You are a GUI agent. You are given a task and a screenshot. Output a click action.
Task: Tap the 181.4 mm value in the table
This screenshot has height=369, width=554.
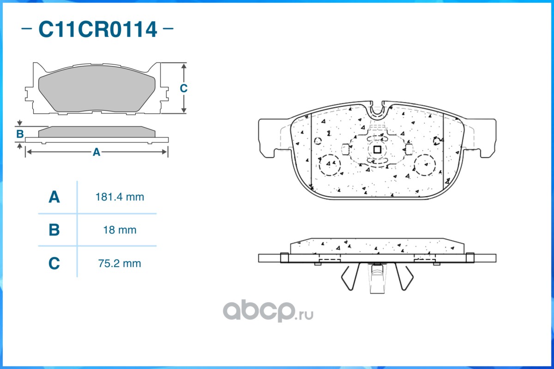120,197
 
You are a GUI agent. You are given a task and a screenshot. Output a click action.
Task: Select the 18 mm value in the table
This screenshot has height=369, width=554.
120,230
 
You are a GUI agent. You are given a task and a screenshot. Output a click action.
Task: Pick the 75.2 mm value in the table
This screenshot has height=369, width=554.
120,264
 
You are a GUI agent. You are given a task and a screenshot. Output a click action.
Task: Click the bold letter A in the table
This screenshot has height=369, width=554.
54,197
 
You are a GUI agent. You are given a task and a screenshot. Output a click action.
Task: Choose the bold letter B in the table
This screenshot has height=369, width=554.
54,230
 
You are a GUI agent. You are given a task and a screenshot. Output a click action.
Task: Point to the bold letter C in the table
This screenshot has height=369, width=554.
54,264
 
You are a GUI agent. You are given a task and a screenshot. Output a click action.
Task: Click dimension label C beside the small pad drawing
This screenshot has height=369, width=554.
183,89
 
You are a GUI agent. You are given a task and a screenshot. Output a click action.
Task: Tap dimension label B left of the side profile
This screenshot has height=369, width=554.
20,134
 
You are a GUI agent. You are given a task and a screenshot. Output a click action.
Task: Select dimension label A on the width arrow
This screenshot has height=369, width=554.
96,152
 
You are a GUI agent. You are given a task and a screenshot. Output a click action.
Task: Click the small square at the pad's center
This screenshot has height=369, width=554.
376,149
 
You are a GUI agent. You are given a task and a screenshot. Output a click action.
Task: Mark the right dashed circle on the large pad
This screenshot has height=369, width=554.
425,164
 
